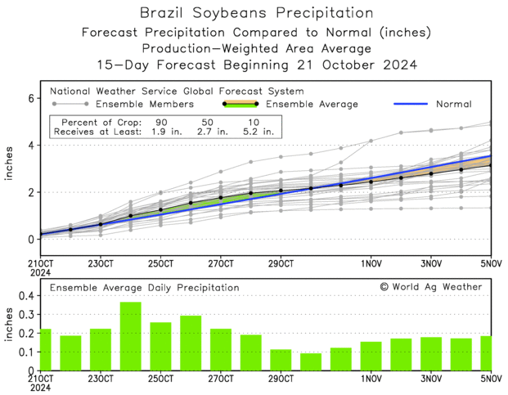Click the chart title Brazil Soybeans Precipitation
[254, 13]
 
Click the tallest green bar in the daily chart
[131, 336]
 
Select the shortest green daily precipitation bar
[311, 361]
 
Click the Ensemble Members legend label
[145, 105]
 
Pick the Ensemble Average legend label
[312, 105]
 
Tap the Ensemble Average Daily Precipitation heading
[145, 288]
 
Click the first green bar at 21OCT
[44, 349]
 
